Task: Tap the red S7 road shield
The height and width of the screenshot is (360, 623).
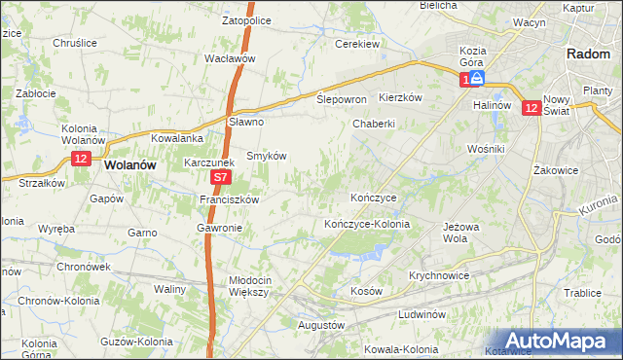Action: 221,178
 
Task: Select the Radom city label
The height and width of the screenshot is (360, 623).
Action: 588,54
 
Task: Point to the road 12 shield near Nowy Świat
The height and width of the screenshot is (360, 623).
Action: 531,109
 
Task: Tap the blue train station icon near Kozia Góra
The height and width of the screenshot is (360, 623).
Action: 479,77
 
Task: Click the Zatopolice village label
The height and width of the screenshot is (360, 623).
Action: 245,18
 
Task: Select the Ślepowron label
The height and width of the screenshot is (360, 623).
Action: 342,100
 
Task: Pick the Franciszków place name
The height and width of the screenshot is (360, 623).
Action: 229,199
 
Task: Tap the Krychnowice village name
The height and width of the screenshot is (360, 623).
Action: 439,275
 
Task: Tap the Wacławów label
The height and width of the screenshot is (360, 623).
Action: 230,58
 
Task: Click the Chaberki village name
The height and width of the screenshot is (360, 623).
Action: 374,124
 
